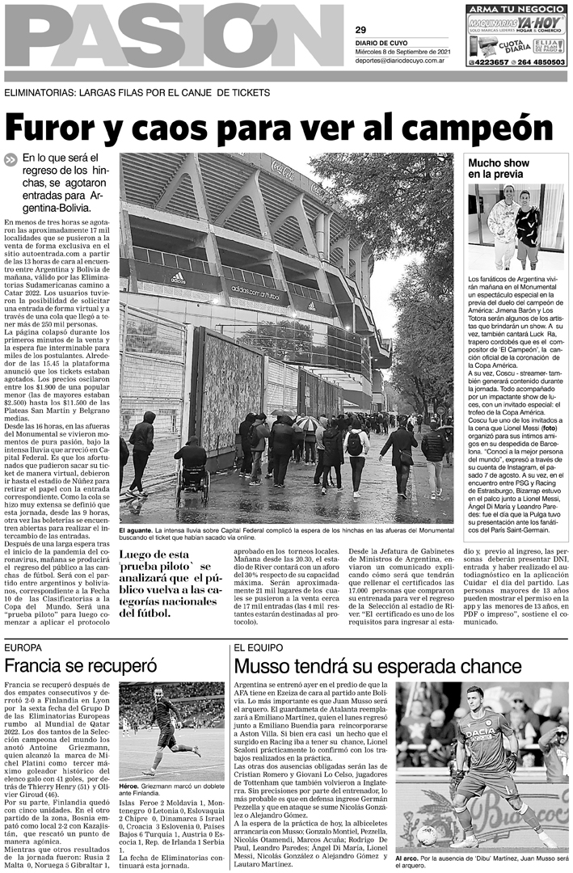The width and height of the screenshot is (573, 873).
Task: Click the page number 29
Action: click(x=360, y=28)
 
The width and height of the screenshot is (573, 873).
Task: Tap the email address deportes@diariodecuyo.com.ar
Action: click(x=398, y=60)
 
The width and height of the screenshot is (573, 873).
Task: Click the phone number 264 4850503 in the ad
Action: click(x=537, y=62)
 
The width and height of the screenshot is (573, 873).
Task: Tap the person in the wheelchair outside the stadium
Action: click(x=192, y=465)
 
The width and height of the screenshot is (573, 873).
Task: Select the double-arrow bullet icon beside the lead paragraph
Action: click(x=11, y=160)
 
